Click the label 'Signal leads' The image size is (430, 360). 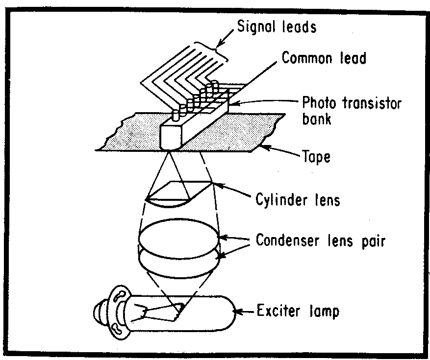[x=277, y=26]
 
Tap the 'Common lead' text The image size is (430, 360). [x=324, y=58]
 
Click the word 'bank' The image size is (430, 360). [x=316, y=118]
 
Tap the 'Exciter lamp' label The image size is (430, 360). [x=298, y=311]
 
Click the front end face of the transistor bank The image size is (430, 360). [x=171, y=137]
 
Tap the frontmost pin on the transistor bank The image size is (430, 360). [x=176, y=116]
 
